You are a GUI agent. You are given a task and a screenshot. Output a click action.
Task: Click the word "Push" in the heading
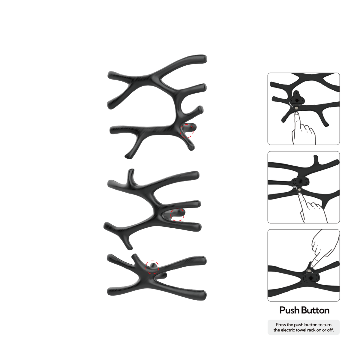(290, 310)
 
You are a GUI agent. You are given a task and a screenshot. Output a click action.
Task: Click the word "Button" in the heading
(315, 310)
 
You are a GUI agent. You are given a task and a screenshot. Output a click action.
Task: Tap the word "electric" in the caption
(288, 330)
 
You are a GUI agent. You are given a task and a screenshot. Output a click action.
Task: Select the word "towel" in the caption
(301, 330)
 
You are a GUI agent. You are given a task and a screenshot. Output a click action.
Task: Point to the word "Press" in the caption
(281, 325)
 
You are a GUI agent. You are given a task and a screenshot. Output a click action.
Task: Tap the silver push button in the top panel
(296, 108)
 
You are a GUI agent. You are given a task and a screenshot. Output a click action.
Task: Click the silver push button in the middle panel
(299, 190)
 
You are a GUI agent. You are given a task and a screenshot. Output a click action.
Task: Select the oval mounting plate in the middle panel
(300, 181)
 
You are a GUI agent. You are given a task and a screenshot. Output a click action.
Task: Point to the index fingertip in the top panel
(297, 113)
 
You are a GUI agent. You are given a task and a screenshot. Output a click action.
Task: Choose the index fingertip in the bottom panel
(312, 266)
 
